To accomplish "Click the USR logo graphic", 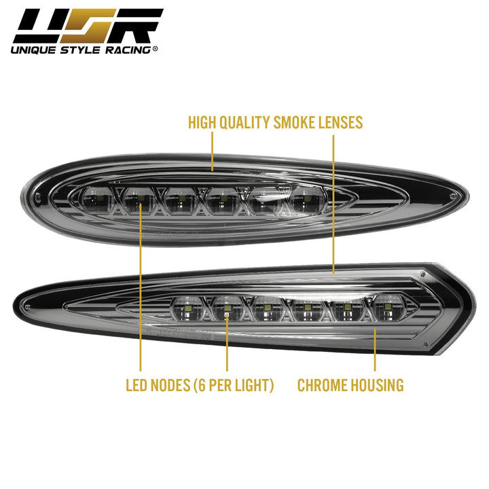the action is tap(88, 26).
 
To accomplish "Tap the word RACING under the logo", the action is tap(128, 50).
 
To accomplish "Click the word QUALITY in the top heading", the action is tap(244, 122).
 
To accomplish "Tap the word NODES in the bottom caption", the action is tap(170, 385).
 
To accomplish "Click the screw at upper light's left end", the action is tap(38, 196).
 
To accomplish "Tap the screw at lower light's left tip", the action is tap(29, 306).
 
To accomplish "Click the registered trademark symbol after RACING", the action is tap(155, 49).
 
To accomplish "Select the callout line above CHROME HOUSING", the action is tap(375, 350).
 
